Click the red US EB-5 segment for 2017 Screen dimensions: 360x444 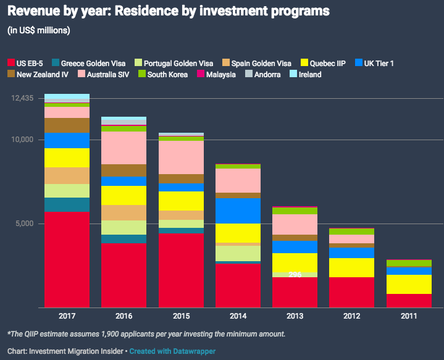pos(67,259)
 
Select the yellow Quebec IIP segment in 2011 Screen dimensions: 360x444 pos(409,284)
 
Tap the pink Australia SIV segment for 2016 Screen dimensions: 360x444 pos(124,148)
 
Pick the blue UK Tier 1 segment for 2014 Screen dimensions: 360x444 pos(238,211)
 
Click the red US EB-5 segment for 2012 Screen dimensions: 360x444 pos(351,292)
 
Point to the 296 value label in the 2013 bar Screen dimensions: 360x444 pos(295,274)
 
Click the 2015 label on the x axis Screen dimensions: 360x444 pos(181,316)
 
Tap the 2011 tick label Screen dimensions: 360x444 pos(409,316)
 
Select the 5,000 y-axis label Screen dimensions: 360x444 pos(24,224)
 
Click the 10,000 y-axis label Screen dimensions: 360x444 pos(22,140)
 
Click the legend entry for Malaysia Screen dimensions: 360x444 pos(220,75)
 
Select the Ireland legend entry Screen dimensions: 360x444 pos(309,75)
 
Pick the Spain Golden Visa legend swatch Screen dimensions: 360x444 pos(227,63)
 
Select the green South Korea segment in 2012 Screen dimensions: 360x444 pos(351,232)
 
